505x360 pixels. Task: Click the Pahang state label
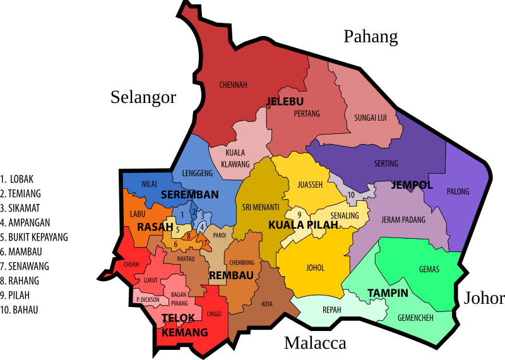[371, 37]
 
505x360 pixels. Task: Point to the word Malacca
[315, 343]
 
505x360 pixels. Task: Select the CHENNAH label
[233, 85]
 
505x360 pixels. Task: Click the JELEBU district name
[285, 101]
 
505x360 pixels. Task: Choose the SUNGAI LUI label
[370, 117]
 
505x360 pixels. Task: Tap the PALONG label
[458, 191]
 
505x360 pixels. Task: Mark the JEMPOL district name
[412, 185]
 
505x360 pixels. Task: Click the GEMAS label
[429, 270]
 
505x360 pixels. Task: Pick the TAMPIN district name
[388, 293]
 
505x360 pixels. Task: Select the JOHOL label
[314, 268]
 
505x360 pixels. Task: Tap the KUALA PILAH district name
[300, 225]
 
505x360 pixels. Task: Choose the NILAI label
[150, 184]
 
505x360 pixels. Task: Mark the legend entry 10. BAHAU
[20, 309]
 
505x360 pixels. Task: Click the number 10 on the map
[351, 195]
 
